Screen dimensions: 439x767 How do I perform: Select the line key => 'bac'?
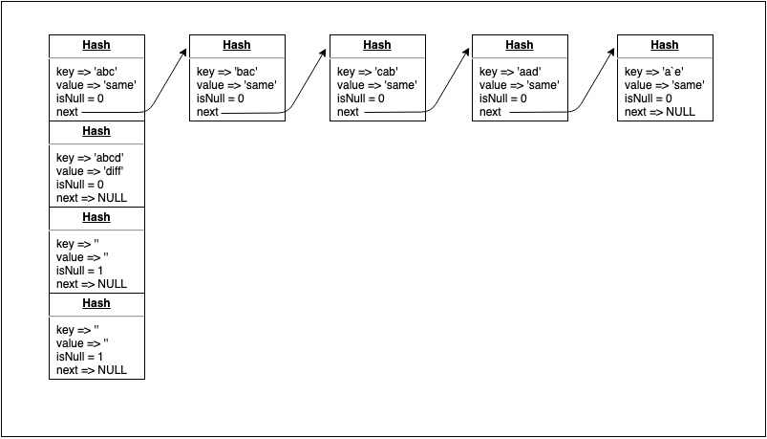coord(227,72)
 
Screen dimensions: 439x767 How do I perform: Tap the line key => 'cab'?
coord(368,72)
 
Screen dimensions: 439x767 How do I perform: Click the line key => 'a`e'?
coord(654,72)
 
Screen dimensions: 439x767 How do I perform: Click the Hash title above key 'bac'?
coord(237,45)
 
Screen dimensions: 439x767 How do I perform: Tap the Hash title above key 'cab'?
coord(377,45)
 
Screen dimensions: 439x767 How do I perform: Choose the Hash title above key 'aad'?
coord(520,45)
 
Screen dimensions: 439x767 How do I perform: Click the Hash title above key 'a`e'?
coord(665,45)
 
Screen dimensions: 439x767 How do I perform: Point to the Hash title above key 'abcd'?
coord(96,131)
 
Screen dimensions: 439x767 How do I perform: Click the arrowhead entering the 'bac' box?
coord(184,55)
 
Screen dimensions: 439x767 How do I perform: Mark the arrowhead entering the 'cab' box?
coord(325,55)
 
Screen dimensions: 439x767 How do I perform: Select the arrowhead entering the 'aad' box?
coord(467,55)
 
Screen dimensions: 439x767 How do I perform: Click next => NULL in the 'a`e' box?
coord(660,112)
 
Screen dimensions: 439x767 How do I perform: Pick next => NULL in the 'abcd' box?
coord(92,198)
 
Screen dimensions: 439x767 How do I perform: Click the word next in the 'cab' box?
coord(349,112)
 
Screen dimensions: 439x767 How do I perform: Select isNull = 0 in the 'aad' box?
coord(505,99)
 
